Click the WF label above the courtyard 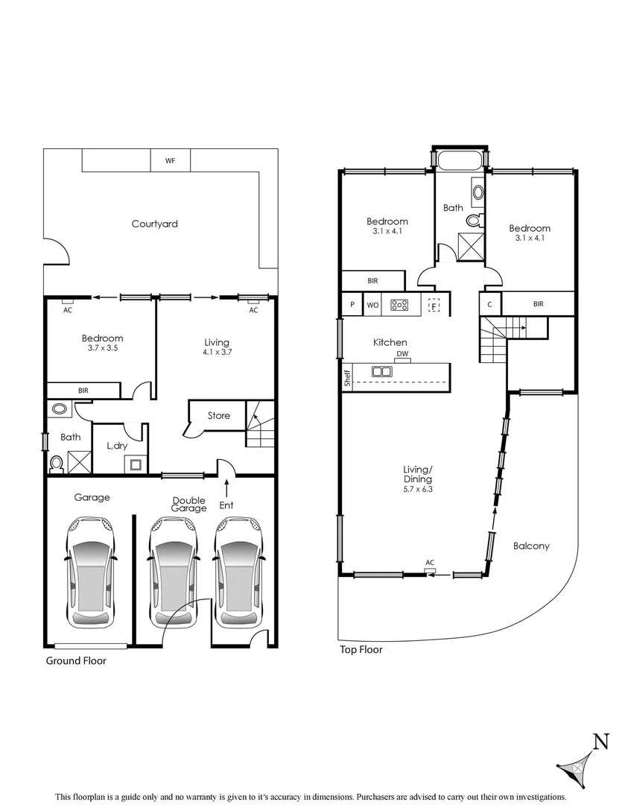tap(170, 160)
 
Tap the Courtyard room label tap(154, 224)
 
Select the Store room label tap(218, 415)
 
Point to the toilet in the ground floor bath tap(55, 464)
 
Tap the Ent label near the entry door tap(226, 505)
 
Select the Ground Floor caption tap(76, 660)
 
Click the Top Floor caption tap(361, 649)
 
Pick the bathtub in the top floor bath tap(460, 160)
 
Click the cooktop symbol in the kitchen tap(400, 304)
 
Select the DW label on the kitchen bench tap(402, 353)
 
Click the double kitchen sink tap(382, 370)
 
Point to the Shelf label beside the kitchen tap(347, 377)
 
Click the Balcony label tap(531, 546)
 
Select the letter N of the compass tap(600, 741)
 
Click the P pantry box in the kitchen tap(352, 304)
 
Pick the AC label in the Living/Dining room tap(430, 563)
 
